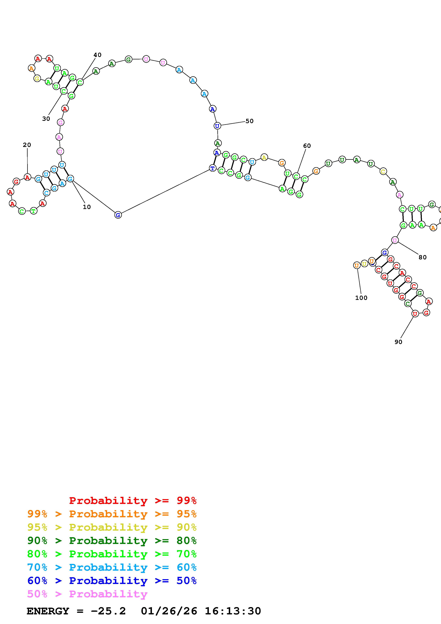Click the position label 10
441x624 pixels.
click(87, 207)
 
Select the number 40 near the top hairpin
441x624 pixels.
click(97, 55)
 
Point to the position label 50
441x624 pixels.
click(249, 121)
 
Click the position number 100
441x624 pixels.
click(361, 298)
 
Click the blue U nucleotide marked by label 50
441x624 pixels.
click(217, 126)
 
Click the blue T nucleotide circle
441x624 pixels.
click(212, 168)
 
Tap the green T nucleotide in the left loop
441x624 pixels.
click(33, 211)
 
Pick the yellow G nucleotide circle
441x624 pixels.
click(37, 79)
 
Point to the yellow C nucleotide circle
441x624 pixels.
click(383, 171)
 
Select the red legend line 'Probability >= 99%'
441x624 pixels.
click(133, 500)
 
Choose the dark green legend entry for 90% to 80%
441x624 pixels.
click(112, 541)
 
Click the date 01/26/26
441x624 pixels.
click(169, 611)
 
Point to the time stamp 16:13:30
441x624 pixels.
click(233, 611)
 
